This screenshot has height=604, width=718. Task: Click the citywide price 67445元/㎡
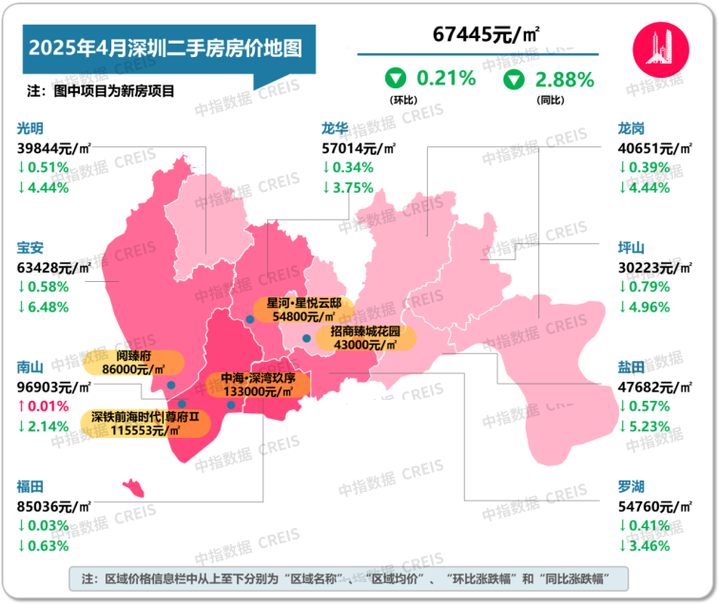[x=486, y=35]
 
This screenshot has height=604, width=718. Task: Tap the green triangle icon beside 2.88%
[x=514, y=80]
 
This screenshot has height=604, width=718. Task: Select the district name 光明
[x=31, y=127]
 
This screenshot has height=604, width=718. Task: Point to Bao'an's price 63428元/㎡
[x=53, y=267]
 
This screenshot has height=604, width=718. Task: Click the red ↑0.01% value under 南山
[x=43, y=407]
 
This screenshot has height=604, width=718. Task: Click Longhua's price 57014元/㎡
[x=359, y=148]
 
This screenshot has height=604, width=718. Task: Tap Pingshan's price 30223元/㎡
[x=653, y=267]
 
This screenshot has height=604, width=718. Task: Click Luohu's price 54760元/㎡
[x=653, y=504]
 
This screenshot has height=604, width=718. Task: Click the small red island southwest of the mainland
[x=134, y=489]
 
